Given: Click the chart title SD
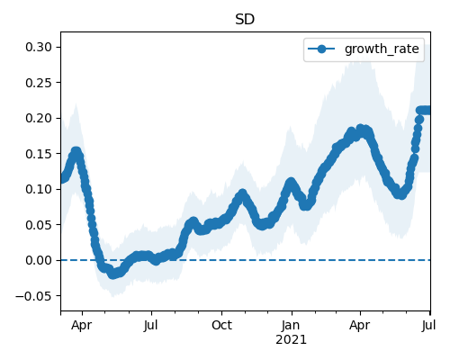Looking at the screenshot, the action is (245, 20).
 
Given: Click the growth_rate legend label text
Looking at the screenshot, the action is (382, 49).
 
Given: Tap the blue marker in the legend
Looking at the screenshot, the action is (321, 49).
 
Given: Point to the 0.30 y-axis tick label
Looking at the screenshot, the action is (39, 47).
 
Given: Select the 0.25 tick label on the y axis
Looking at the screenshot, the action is (39, 83).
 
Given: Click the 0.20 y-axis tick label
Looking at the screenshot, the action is (39, 118).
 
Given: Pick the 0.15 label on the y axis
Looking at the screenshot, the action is (39, 154).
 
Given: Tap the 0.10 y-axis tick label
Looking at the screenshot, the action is (39, 189).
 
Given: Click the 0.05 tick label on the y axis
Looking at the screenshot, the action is (39, 225).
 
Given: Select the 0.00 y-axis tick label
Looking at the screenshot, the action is (39, 260).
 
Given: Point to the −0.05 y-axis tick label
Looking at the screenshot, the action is (33, 296).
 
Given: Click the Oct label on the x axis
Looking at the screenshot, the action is (221, 325).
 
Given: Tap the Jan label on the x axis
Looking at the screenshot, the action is (291, 325).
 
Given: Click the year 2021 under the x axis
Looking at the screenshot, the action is (291, 340).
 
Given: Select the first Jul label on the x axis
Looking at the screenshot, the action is (150, 325).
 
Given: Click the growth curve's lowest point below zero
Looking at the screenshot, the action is (112, 274).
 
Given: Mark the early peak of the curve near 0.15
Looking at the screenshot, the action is (76, 151).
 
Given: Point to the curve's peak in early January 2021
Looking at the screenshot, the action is (291, 182).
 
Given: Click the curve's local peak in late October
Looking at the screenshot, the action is (242, 193).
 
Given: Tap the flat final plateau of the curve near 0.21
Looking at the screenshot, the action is (425, 111).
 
